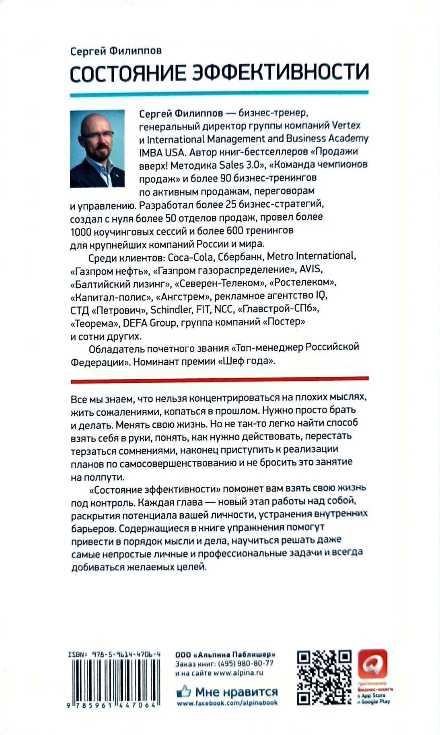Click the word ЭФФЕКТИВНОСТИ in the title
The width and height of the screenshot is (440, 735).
(x=278, y=73)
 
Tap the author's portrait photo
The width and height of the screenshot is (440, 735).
(x=97, y=148)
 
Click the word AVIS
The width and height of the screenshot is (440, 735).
(x=311, y=269)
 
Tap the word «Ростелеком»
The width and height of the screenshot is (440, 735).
(x=302, y=283)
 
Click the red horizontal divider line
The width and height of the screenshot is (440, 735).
(x=219, y=379)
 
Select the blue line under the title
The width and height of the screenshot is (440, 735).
(x=219, y=93)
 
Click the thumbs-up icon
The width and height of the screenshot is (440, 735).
(x=184, y=691)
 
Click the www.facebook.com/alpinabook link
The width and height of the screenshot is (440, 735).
(x=227, y=703)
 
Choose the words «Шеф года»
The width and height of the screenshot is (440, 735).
(x=247, y=361)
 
